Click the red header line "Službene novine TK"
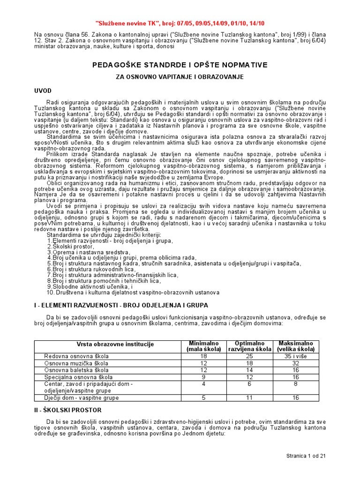180,22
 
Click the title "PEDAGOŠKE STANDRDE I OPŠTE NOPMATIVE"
180,64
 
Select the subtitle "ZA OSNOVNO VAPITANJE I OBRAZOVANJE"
180,76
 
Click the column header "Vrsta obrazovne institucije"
109,345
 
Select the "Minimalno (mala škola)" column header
203,346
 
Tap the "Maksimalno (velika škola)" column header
296,346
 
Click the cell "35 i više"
296,356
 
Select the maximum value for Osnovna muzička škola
296,363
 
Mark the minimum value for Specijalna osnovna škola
203,377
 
